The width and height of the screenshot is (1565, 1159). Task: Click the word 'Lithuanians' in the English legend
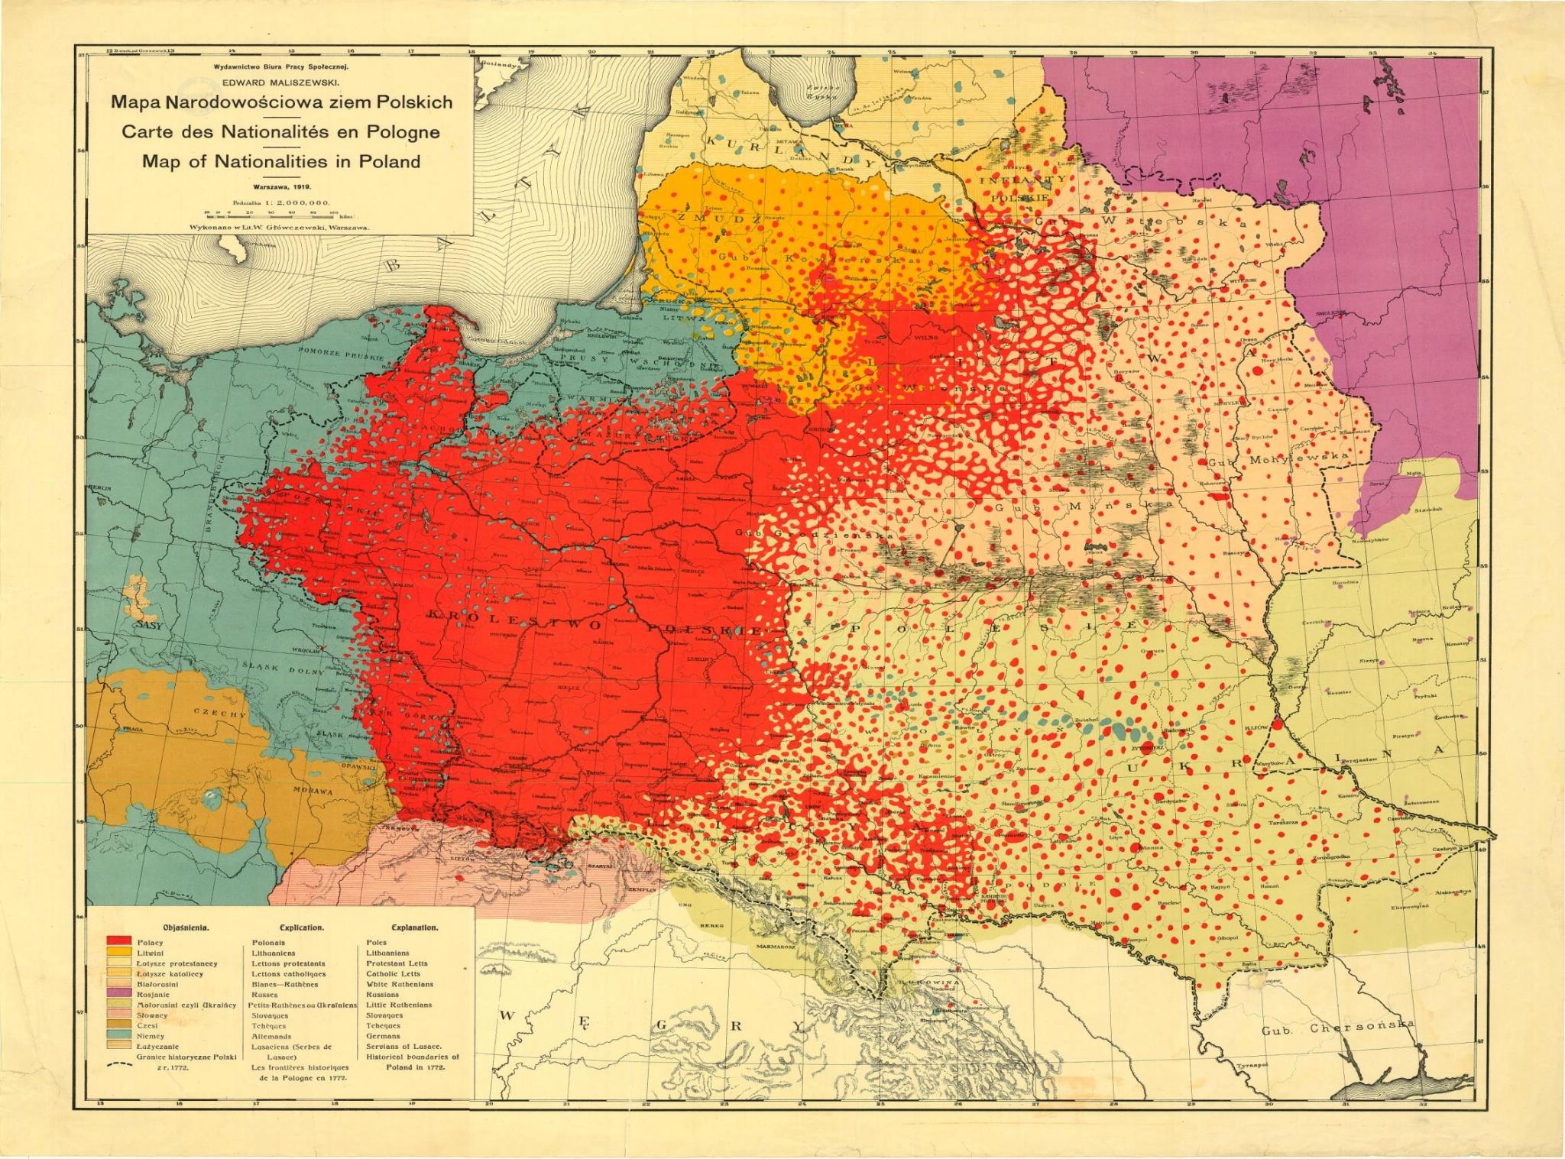click(388, 953)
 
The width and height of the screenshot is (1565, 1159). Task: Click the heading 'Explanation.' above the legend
click(414, 928)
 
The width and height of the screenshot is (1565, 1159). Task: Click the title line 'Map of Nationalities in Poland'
click(281, 161)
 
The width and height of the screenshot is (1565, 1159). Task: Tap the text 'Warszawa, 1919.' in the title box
click(281, 185)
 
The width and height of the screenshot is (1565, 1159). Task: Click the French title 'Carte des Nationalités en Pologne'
click(281, 131)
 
